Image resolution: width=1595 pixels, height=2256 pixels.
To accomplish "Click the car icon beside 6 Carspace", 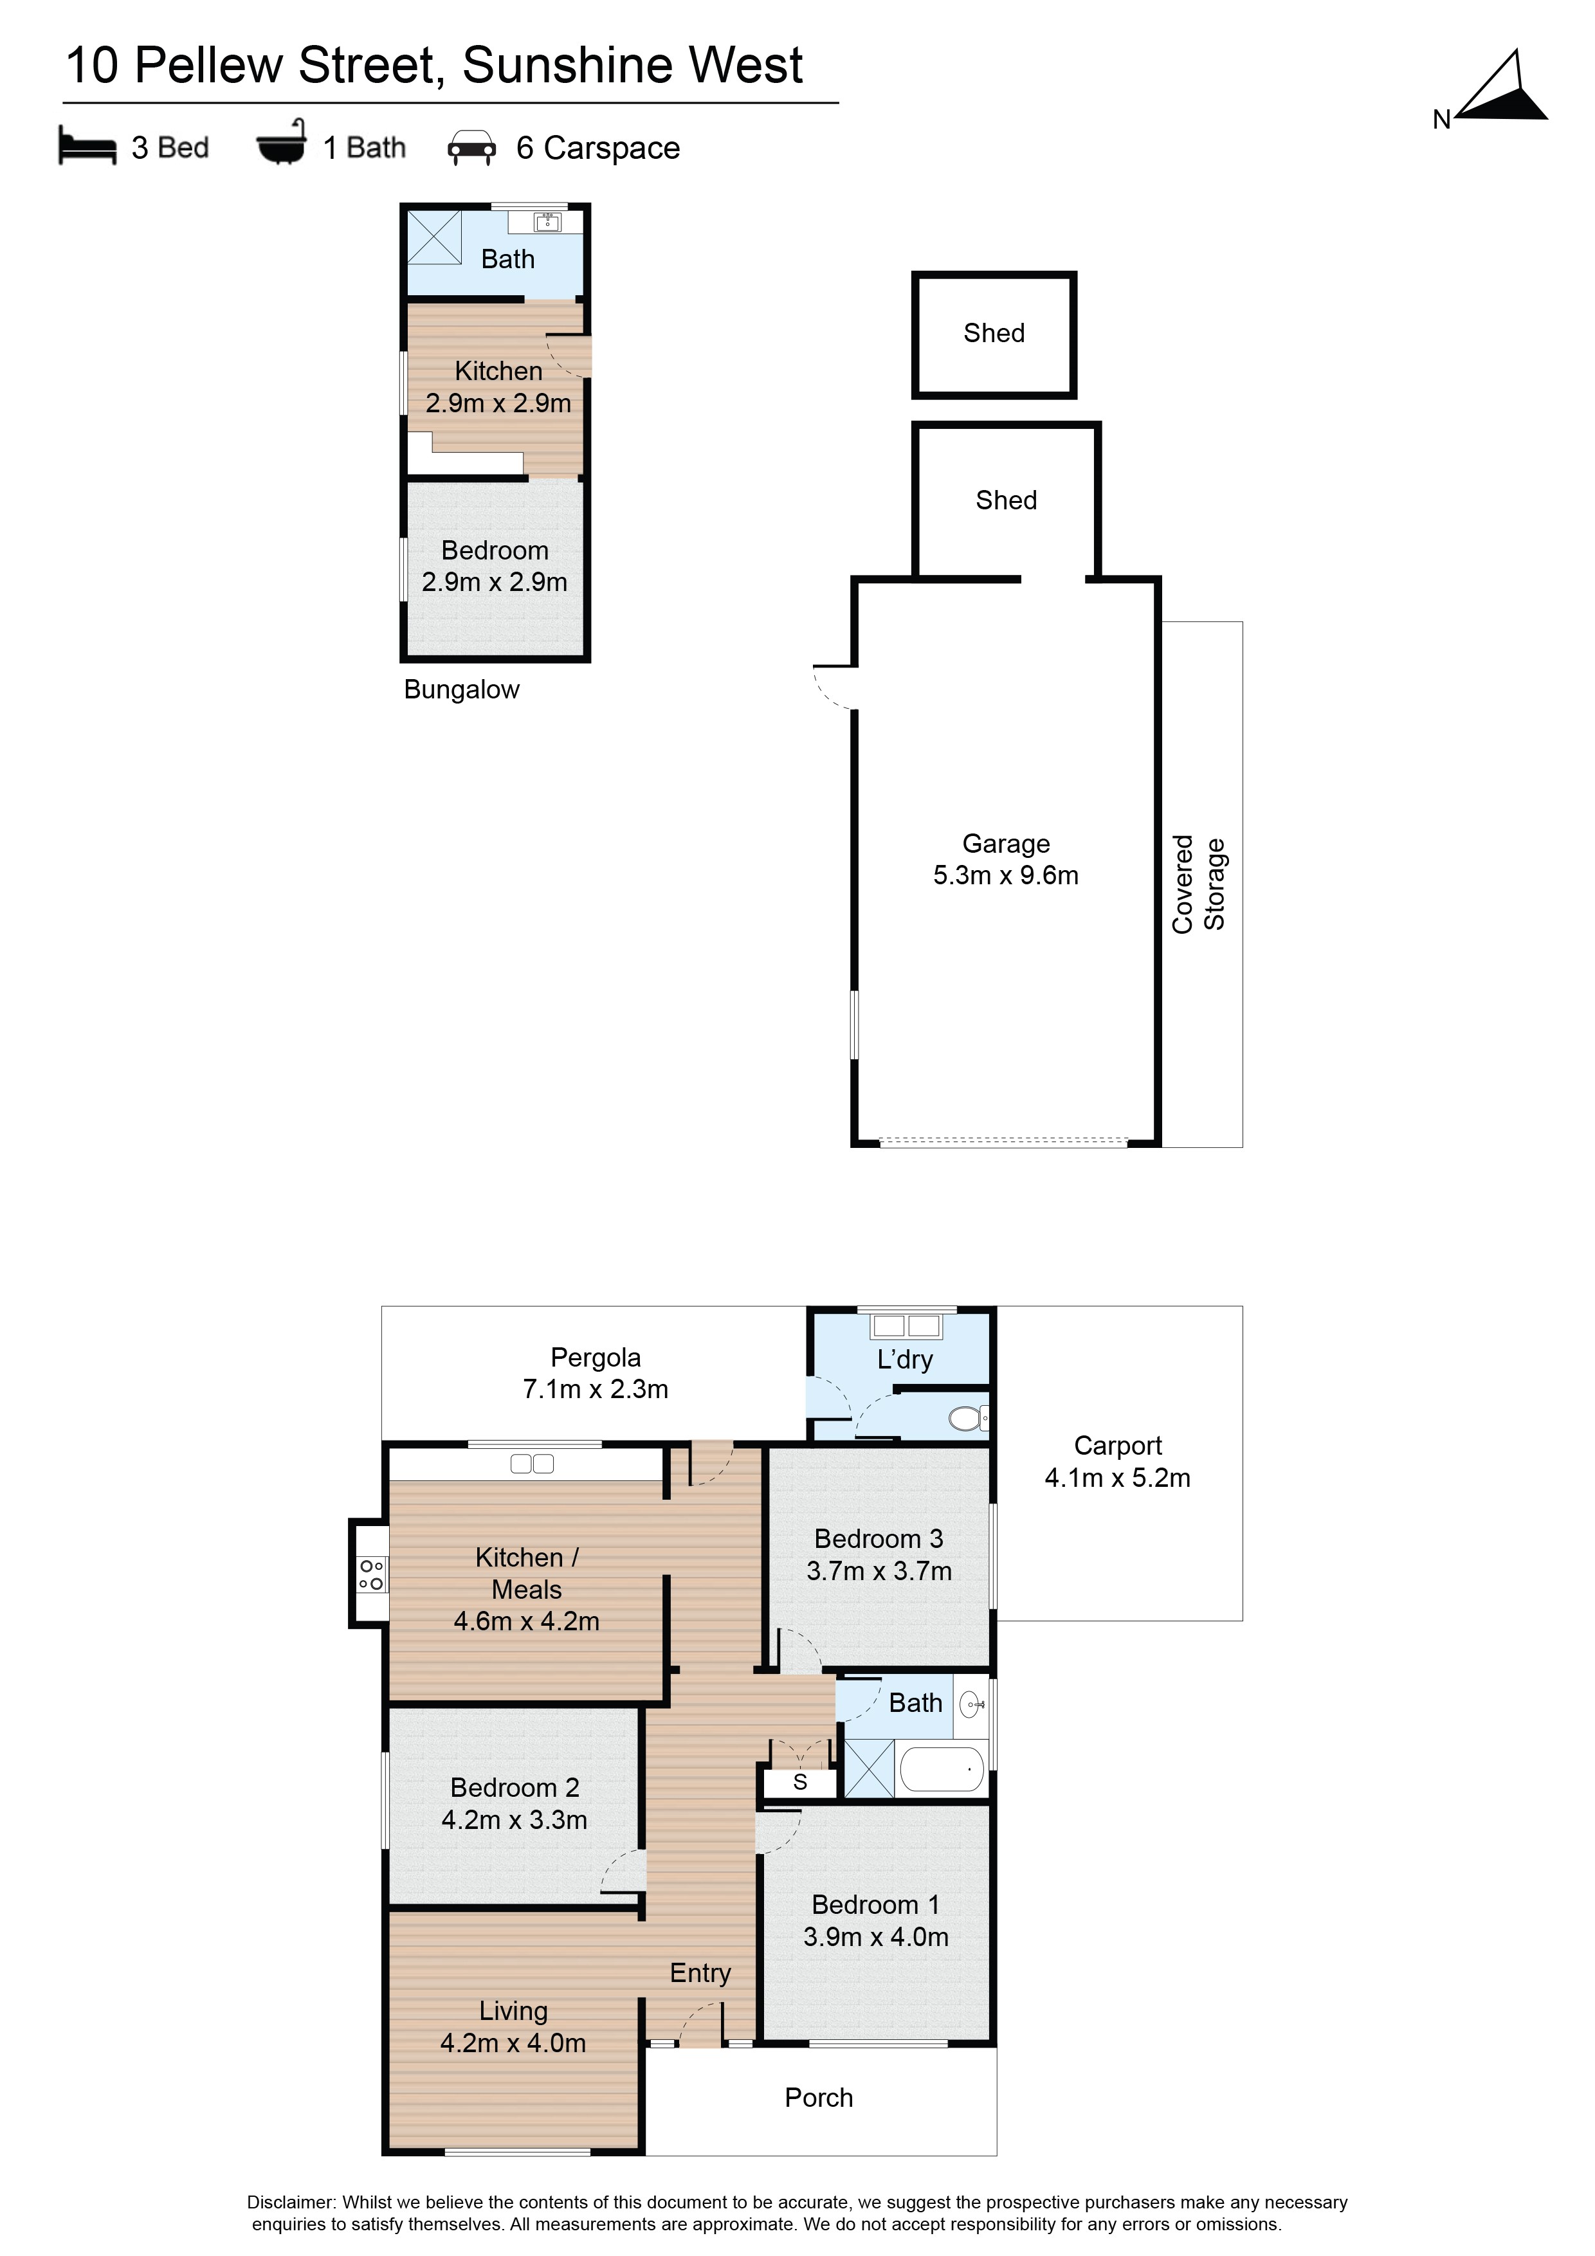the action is [x=471, y=147].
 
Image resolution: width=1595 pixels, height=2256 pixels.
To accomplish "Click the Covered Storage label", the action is [x=1199, y=884].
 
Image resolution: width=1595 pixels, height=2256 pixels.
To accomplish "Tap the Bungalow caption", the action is [x=461, y=690].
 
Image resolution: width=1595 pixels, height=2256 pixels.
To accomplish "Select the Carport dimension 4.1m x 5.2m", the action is [x=1117, y=1478].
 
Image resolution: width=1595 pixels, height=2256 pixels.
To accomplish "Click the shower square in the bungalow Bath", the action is [x=434, y=237].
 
